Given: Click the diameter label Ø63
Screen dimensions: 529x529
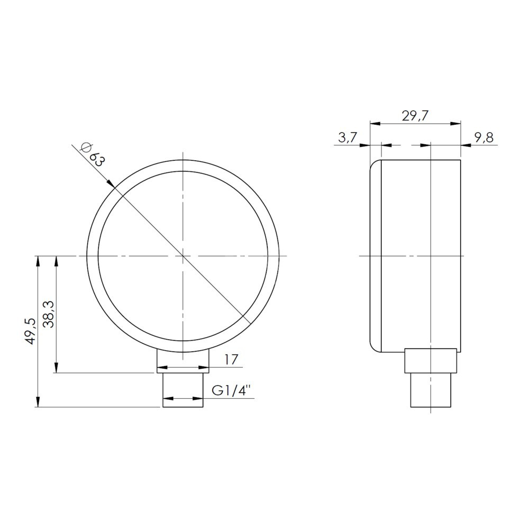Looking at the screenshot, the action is click(92, 154).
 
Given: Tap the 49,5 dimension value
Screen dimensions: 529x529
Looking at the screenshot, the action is click(31, 331).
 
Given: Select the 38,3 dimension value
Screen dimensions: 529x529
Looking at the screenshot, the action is click(50, 314).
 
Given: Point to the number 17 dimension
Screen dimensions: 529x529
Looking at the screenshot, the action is click(232, 359).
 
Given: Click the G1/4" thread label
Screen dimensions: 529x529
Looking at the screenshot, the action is click(232, 390).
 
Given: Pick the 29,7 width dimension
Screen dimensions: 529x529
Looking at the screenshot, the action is click(415, 116).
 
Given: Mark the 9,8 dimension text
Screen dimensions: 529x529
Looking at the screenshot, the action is click(484, 138).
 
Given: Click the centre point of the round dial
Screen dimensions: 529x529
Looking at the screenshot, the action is click(183, 256).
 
